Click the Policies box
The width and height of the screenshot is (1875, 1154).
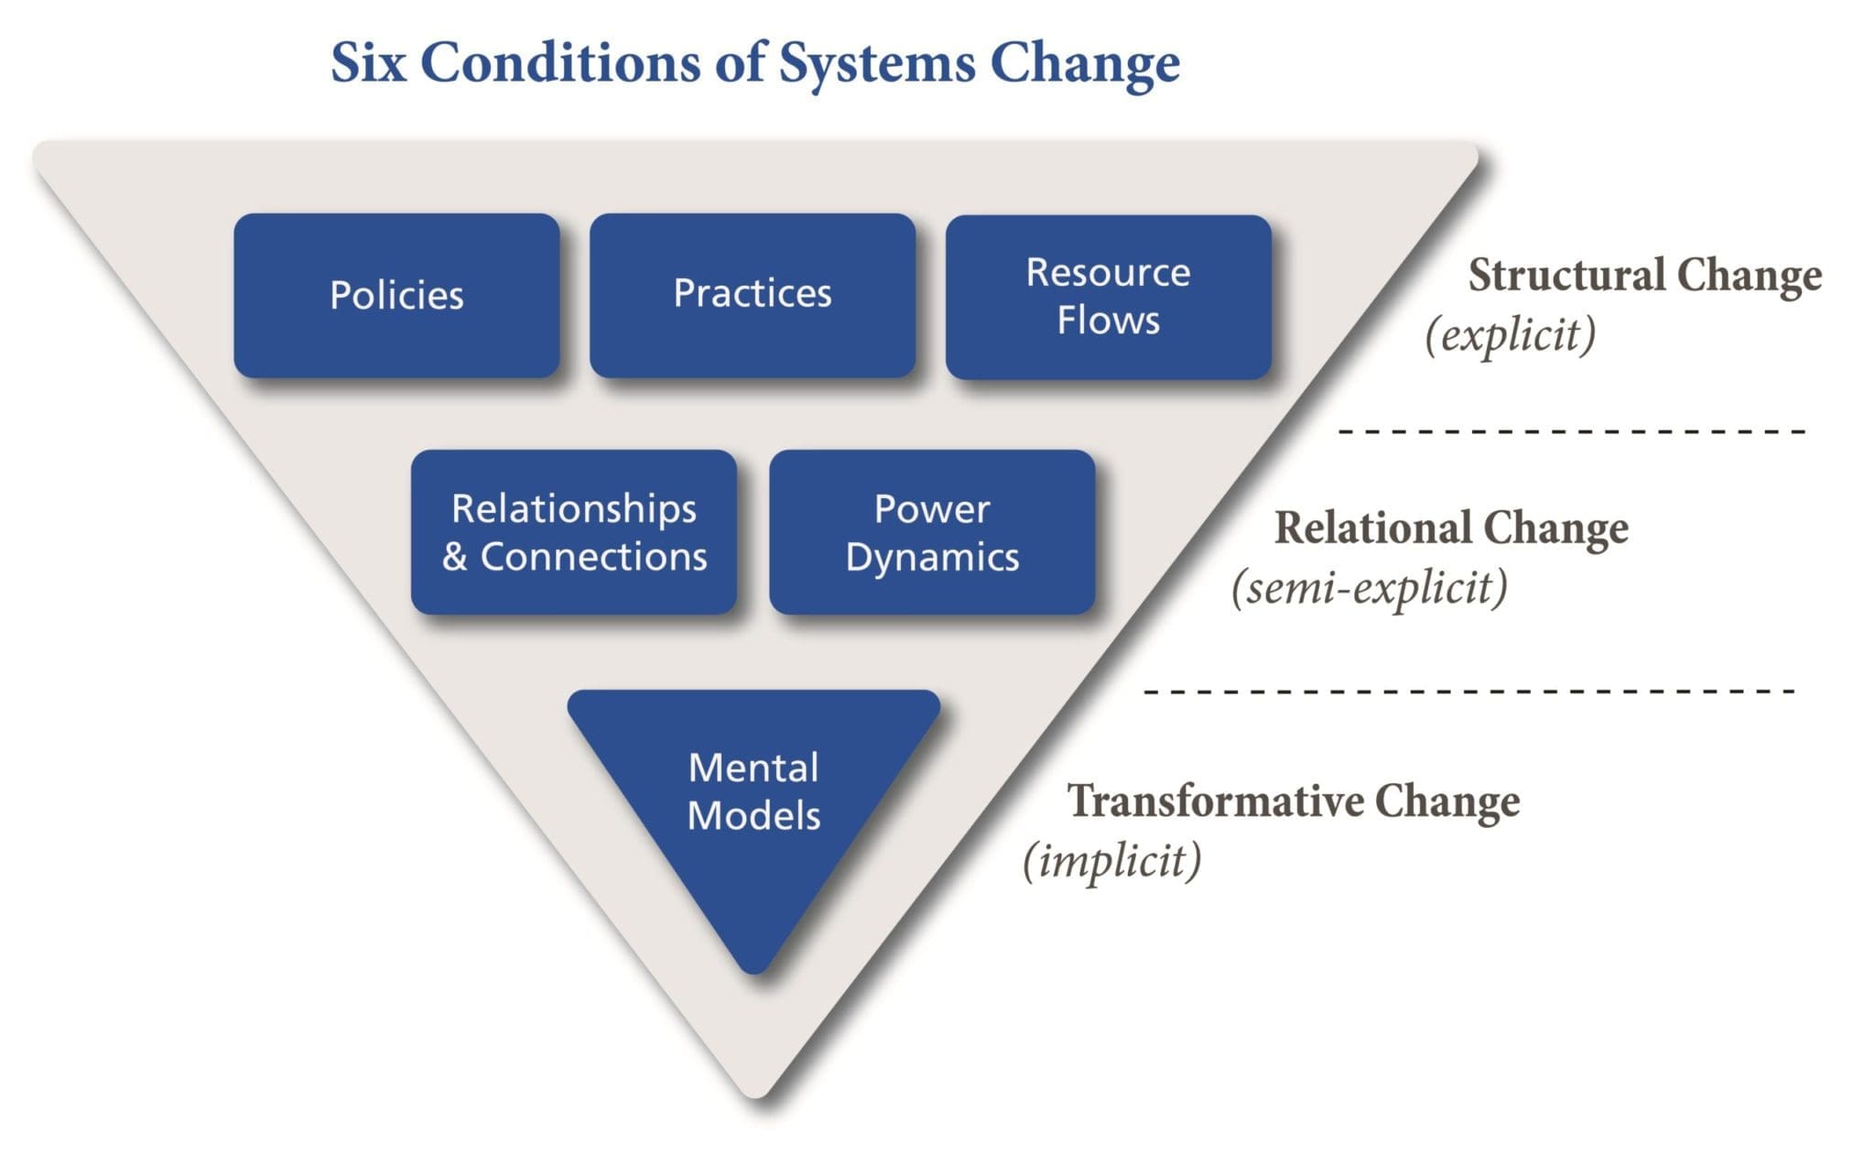click(396, 296)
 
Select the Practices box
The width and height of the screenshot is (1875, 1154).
click(752, 294)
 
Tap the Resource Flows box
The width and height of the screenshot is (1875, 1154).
click(1108, 297)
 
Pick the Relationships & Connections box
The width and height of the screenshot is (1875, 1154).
click(574, 532)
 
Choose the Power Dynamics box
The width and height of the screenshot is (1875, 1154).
click(932, 532)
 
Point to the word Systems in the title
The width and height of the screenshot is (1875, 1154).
click(876, 62)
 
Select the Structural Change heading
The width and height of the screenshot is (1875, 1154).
click(1644, 276)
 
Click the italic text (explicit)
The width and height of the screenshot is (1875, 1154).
click(1510, 334)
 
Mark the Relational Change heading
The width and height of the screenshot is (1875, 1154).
click(1451, 528)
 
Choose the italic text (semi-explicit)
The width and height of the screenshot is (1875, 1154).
click(1369, 587)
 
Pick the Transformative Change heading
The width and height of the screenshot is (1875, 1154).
click(1293, 801)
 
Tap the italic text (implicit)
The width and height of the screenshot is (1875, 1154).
click(1111, 860)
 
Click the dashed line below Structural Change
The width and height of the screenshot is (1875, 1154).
click(1571, 430)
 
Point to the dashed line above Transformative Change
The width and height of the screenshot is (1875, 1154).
click(1469, 691)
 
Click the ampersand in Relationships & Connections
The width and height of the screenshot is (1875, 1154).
click(455, 557)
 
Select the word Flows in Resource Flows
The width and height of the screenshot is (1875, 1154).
click(1108, 321)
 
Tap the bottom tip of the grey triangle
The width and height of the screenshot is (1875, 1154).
click(756, 1092)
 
